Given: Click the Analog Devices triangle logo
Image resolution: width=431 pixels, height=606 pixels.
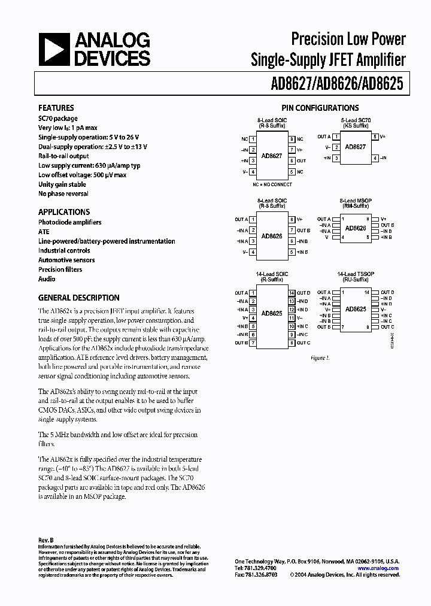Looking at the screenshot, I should click(x=55, y=49).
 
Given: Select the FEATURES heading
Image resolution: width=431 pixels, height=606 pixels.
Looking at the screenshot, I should click(x=56, y=108).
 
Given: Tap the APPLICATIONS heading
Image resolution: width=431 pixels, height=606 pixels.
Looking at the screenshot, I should click(x=64, y=212).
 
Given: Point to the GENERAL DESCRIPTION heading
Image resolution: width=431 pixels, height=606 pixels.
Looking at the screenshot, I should click(x=79, y=298).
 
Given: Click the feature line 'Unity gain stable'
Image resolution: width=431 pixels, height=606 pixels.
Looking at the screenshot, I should click(x=62, y=184).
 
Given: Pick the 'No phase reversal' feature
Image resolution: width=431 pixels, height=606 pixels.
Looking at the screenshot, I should click(x=63, y=194).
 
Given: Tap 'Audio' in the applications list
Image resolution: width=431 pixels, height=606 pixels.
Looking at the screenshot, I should click(x=47, y=279).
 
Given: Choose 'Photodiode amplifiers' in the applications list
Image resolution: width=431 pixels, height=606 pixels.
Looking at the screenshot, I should click(x=70, y=222).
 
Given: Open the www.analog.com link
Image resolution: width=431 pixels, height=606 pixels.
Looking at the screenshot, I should click(x=378, y=568).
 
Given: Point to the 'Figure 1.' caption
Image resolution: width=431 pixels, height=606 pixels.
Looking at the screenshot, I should click(x=320, y=357).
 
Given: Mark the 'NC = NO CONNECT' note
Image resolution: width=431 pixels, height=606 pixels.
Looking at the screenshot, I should click(x=272, y=184).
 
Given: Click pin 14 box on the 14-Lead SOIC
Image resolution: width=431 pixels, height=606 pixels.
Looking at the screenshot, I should click(x=292, y=293).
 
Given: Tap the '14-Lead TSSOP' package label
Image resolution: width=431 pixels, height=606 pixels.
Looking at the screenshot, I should click(x=356, y=274).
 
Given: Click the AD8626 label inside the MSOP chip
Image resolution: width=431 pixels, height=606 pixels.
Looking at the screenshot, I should click(x=356, y=228).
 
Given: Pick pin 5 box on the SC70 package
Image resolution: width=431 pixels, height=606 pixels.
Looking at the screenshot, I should click(x=375, y=137).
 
